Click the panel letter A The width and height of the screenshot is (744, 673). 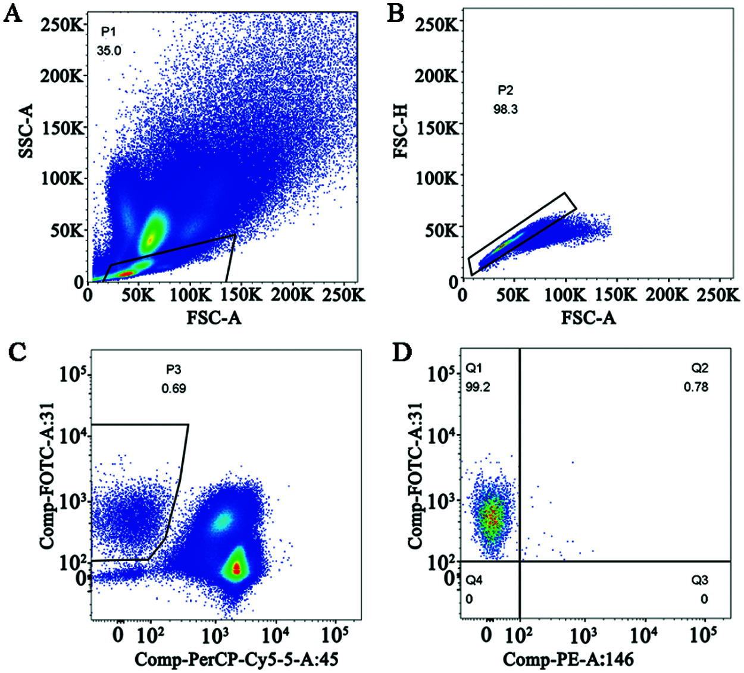coord(13,13)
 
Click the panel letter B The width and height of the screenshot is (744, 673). coord(396,13)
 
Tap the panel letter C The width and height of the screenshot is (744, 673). coord(18,352)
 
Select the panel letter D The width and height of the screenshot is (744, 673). coord(402,352)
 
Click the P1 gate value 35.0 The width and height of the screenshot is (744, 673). coord(109,51)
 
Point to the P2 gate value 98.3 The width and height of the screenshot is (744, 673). coord(505,109)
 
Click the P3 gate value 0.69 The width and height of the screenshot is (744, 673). coord(174,389)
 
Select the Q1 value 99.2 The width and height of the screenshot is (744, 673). coord(478,387)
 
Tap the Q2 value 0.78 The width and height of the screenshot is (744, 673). coord(696,387)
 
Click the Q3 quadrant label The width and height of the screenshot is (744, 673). coord(700,580)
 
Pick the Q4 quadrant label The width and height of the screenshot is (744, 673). coord(474,580)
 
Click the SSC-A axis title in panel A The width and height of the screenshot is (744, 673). coord(26,131)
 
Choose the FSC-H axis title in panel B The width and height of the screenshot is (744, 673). coord(401,131)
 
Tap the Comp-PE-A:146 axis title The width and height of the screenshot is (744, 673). coord(568,659)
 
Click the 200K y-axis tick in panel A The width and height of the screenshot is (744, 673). coord(62,76)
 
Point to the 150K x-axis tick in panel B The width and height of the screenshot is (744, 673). coord(615,295)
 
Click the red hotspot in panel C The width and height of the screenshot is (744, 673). coord(237,569)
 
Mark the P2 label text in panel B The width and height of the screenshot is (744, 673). coord(505,90)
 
